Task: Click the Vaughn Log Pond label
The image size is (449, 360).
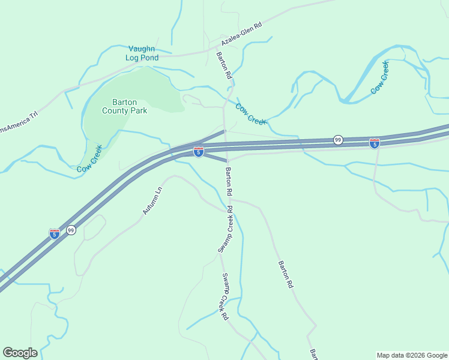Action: point(142,53)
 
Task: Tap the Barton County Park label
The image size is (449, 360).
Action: point(125,106)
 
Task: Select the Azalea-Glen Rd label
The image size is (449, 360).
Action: point(242,35)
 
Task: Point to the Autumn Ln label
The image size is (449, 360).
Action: point(152,200)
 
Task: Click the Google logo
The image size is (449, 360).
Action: point(20,353)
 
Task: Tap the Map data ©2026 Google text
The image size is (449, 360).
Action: point(411,355)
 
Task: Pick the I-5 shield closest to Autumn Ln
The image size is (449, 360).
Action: point(54,234)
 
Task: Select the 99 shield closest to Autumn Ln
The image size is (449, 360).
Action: point(71,230)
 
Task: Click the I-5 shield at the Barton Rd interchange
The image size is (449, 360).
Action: point(198,152)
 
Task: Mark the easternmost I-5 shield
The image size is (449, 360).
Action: point(375,143)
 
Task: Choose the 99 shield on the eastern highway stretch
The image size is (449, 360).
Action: point(339,140)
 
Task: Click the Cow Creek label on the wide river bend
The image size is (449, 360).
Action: point(380,77)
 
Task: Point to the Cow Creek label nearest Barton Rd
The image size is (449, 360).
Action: point(250,114)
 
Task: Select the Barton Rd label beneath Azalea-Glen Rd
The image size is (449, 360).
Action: point(224,66)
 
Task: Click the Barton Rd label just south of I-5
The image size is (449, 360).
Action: point(229,182)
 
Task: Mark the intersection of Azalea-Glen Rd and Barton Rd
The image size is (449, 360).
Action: point(217,46)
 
